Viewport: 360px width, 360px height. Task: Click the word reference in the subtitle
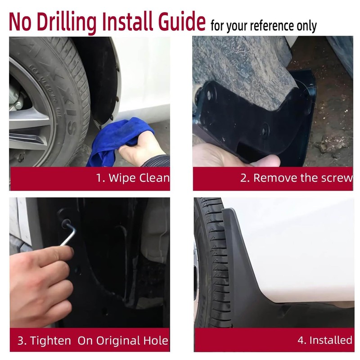click(x=272, y=26)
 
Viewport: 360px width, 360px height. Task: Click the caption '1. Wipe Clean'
click(x=133, y=178)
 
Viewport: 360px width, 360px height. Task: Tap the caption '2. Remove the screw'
click(x=296, y=178)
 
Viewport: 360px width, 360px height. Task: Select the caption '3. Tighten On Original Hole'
click(x=93, y=340)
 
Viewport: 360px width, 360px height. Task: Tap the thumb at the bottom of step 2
click(x=265, y=161)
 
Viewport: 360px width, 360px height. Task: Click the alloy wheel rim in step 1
click(x=27, y=117)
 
